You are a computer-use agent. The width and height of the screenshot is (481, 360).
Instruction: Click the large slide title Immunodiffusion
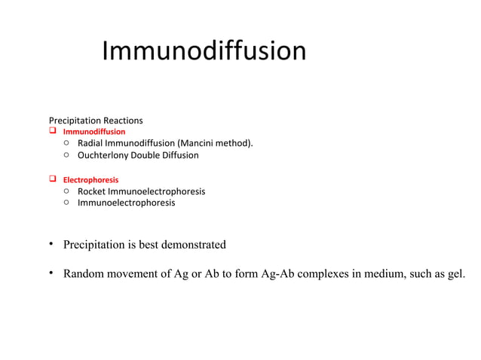(x=204, y=51)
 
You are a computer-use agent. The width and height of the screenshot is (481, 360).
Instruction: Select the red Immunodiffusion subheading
(x=93, y=132)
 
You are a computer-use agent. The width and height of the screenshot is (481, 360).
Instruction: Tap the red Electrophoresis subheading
(x=90, y=181)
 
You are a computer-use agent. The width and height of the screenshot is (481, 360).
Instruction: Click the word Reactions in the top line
(x=123, y=121)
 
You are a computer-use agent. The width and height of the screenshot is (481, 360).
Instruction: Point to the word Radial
(x=90, y=143)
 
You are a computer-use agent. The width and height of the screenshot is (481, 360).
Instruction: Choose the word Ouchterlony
(x=103, y=155)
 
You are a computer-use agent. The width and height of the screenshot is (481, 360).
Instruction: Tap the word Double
(x=147, y=155)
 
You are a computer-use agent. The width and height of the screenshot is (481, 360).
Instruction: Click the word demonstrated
(x=191, y=245)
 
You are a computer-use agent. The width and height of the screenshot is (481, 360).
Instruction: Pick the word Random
(x=84, y=273)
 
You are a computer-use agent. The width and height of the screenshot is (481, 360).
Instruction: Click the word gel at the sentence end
(x=455, y=273)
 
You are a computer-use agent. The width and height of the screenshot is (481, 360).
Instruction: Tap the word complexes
(x=321, y=273)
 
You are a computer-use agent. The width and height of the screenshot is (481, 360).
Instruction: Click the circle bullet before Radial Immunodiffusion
(x=67, y=143)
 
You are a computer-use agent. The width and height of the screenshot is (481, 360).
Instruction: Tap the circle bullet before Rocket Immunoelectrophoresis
(x=67, y=191)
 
